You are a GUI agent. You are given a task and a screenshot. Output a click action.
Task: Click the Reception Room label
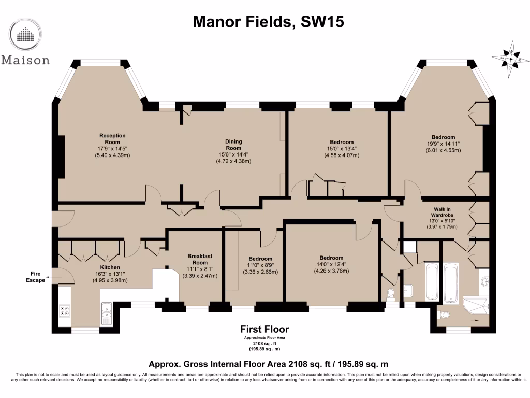click(x=112, y=139)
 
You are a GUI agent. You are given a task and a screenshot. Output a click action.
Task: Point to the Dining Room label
click(x=233, y=145)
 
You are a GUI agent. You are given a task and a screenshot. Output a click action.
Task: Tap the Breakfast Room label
click(x=200, y=259)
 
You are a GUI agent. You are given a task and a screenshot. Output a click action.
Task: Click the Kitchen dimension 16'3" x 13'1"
click(x=110, y=274)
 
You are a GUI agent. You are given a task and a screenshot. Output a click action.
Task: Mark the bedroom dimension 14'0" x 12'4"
click(x=331, y=264)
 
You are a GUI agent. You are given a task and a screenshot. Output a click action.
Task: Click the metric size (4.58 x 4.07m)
click(x=342, y=155)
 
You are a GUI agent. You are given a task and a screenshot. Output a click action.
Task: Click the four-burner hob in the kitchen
click(x=66, y=311)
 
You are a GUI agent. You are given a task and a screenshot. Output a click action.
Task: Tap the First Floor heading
click(x=264, y=329)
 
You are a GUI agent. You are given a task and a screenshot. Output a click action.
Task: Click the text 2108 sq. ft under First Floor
click(x=264, y=343)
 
